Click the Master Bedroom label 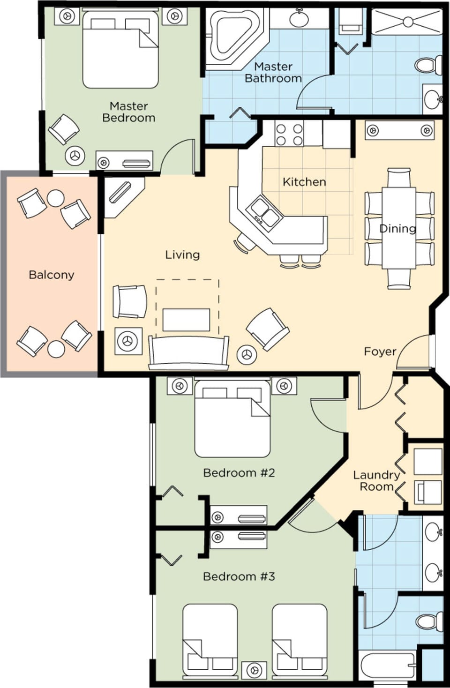[x=128, y=112]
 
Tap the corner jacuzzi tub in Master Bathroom [x=232, y=37]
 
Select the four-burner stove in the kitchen [x=289, y=134]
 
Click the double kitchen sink [x=264, y=211]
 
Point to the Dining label [x=397, y=229]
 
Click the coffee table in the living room [x=186, y=320]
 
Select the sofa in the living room [x=188, y=352]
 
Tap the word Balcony [x=51, y=275]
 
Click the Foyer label [x=380, y=351]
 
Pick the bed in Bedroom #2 [x=232, y=419]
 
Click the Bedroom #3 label [x=239, y=576]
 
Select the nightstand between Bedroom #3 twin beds [x=254, y=670]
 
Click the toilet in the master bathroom [x=429, y=65]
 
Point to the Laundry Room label [x=376, y=481]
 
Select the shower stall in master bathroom [x=407, y=22]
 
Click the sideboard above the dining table [x=399, y=130]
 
